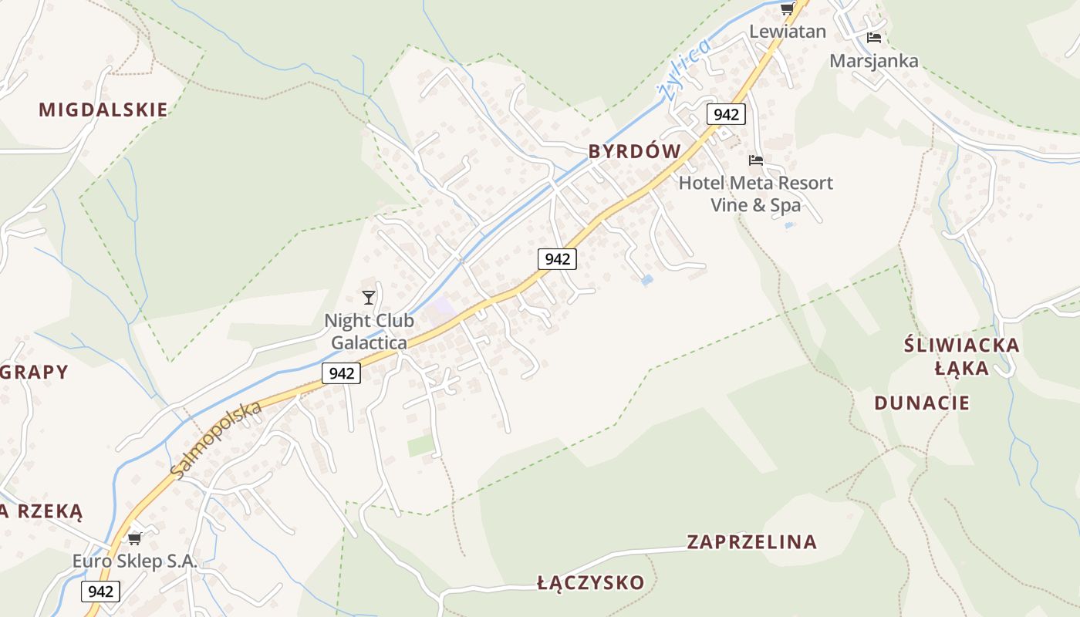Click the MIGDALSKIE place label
pos(103,110)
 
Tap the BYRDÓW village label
pos(635,151)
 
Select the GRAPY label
pos(35,372)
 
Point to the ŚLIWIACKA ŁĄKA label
pos(961,356)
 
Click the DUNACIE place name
pos(922,403)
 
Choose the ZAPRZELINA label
pos(751,542)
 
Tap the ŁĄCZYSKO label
pos(590,582)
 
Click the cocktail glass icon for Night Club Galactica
pos(369,297)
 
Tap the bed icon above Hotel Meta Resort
pos(756,160)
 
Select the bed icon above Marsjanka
pos(873,37)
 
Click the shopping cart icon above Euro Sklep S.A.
pos(135,538)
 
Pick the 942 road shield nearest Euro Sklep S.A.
pos(100,592)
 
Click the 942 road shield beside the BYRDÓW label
pos(726,115)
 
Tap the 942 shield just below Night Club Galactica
pos(341,373)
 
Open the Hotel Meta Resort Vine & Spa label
pos(755,194)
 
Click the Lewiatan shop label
pos(788,32)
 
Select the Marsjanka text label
pos(873,61)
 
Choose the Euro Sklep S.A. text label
pos(135,561)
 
